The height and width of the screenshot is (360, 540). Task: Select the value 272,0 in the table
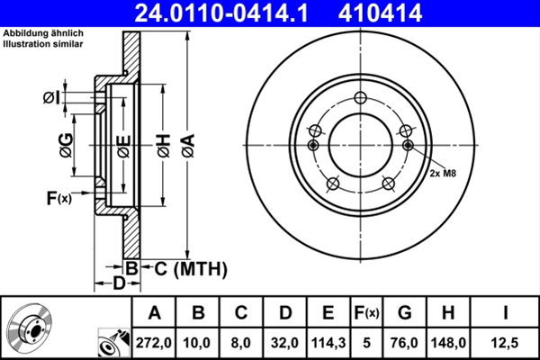(154, 342)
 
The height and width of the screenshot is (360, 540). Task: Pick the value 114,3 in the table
(328, 342)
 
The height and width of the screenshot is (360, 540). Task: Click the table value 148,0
(447, 342)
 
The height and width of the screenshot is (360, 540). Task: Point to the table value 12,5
(506, 342)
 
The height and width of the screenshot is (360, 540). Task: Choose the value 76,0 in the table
(404, 342)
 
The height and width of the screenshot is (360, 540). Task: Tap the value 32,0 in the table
(284, 342)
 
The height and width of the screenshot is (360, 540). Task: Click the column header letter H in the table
(447, 312)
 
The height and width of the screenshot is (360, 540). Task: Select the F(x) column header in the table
(366, 312)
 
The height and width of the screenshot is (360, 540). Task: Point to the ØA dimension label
(187, 143)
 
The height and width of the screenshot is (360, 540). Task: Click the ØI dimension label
(51, 96)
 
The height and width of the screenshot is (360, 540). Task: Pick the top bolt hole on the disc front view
(361, 100)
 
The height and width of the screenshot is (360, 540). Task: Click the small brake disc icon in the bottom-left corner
(32, 329)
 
